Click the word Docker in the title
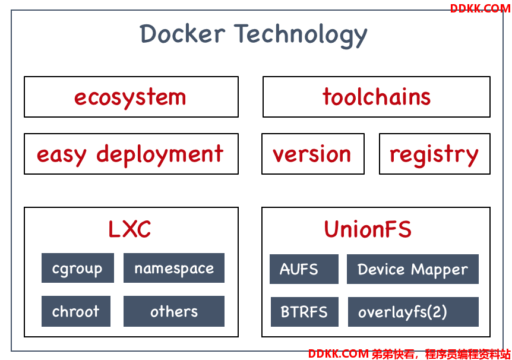tap(182, 34)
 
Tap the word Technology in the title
tap(301, 35)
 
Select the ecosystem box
tap(131, 97)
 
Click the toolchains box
tap(377, 97)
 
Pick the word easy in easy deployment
tap(62, 155)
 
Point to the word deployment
tap(160, 155)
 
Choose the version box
tap(313, 153)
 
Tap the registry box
tap(435, 153)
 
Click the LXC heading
tap(129, 229)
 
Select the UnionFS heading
tap(368, 229)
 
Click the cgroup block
tap(78, 268)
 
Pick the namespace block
tap(174, 268)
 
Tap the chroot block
tap(76, 311)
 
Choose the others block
tap(174, 311)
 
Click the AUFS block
tap(304, 269)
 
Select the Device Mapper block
tap(413, 269)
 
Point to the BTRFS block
tap(305, 312)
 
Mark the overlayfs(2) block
tap(413, 312)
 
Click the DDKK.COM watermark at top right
tap(480, 8)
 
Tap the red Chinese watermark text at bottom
tap(441, 354)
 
